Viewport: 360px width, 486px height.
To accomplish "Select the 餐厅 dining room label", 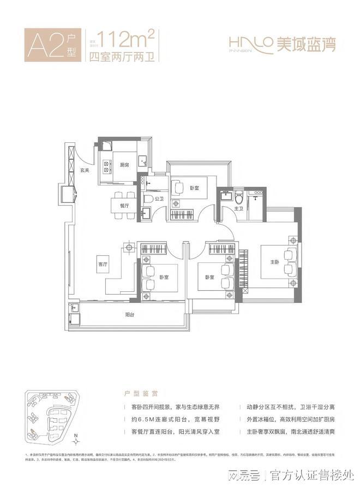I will tap(124, 206).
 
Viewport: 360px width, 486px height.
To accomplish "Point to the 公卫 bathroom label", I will tap(159, 200).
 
